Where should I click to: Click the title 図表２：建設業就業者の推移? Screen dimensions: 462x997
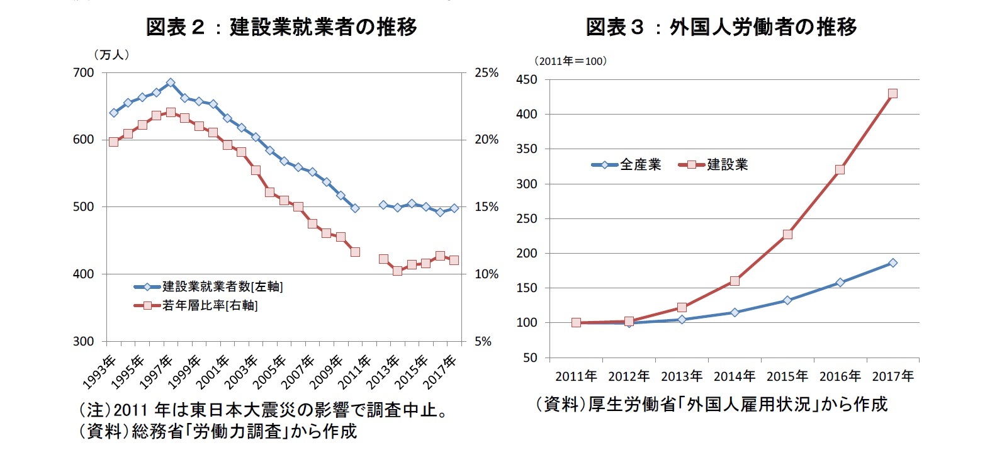click(281, 26)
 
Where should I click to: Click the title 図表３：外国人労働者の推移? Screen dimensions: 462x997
click(721, 26)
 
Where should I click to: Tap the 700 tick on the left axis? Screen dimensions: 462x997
click(84, 73)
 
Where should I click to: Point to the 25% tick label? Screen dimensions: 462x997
click(486, 73)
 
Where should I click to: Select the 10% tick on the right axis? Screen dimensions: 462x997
click(486, 274)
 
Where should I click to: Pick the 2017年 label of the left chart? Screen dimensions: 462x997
click(441, 371)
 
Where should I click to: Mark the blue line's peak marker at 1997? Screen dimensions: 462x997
click(171, 82)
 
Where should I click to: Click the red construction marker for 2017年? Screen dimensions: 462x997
click(893, 94)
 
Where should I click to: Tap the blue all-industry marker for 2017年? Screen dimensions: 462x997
click(893, 262)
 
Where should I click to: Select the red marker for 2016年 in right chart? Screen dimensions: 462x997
click(840, 170)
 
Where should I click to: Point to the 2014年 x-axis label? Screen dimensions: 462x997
click(734, 376)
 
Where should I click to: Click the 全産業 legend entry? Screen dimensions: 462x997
click(639, 165)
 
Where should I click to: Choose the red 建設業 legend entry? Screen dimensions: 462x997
click(726, 165)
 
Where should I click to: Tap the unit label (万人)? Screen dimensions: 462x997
click(111, 55)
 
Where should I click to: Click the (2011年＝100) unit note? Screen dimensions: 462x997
click(570, 61)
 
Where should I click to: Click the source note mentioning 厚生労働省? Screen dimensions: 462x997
click(711, 404)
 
